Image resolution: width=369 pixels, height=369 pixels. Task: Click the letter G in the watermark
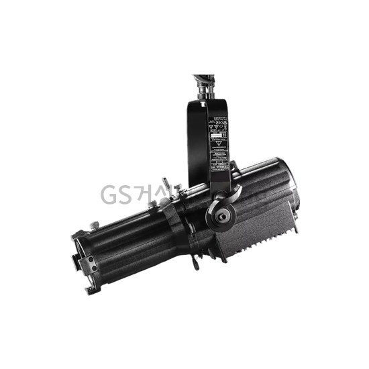(x=108, y=195)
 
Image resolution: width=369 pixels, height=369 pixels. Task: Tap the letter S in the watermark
(x=125, y=195)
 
